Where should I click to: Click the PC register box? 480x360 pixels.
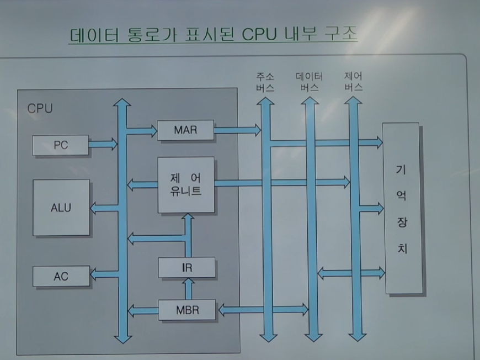coord(61,145)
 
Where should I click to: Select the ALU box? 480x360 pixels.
coord(61,208)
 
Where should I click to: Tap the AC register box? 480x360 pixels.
coord(61,276)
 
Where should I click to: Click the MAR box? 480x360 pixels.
coord(185,130)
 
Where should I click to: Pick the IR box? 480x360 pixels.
coord(186,268)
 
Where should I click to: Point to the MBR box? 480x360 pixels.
coord(187,309)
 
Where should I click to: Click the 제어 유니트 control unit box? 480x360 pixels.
coord(186,185)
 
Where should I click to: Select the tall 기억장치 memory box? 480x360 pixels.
coord(403,209)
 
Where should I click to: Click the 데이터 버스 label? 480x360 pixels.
coord(309,82)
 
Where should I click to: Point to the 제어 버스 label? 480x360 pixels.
coord(353,82)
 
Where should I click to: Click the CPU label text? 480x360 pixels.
coord(40,108)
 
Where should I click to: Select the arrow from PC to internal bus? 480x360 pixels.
coord(103,145)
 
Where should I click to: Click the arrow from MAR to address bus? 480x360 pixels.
coord(237,130)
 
